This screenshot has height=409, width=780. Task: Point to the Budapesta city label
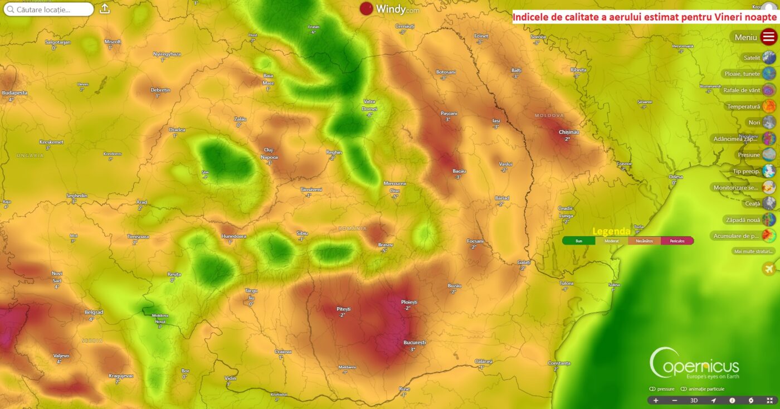point(14,93)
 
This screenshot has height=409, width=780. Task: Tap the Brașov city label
point(386,245)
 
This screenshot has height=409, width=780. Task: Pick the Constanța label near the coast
point(559,362)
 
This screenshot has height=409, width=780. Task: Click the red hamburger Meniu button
point(769,37)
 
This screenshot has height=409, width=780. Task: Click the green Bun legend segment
point(578,241)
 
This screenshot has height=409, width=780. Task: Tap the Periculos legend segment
point(677,241)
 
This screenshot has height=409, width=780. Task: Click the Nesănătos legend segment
point(644,241)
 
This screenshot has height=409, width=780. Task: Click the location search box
point(49,9)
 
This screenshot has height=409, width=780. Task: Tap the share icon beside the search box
point(105,9)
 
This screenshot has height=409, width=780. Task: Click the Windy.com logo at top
point(389,8)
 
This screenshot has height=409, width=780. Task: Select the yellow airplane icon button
point(769,269)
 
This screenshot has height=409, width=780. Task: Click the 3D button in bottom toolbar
point(694,400)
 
